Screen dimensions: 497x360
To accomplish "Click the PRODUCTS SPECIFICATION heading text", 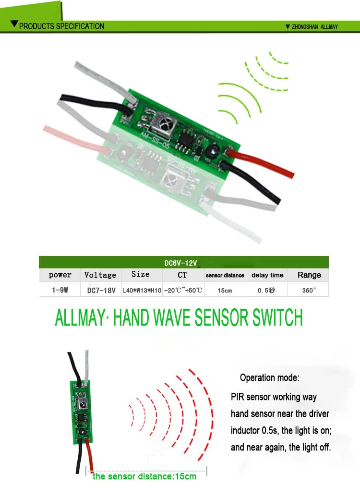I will (61, 26).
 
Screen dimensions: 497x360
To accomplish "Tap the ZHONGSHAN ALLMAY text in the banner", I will (315, 27).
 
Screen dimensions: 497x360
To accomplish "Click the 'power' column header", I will (60, 275).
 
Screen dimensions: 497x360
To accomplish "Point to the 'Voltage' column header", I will (100, 275).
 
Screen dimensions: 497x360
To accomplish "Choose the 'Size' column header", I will (140, 275).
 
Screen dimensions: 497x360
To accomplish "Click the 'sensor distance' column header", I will (225, 276).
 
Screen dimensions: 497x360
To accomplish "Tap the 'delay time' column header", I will (267, 276).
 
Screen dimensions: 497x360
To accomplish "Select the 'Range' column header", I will (309, 275).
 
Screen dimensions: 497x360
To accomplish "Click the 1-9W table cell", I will (60, 291).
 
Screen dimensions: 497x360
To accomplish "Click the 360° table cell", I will (309, 291).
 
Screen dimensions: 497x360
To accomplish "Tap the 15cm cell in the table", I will (225, 291).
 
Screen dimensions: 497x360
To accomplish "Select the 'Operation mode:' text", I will (269, 378).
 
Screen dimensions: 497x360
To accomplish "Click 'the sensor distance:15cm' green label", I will (144, 476).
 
